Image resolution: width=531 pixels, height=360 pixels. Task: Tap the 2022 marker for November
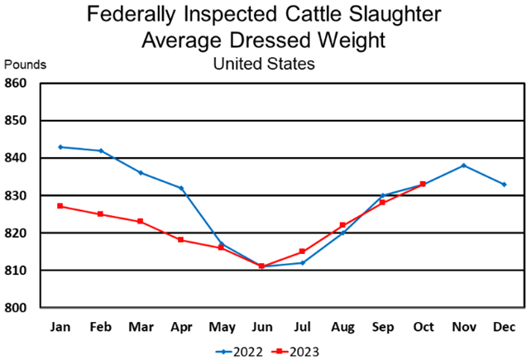464,166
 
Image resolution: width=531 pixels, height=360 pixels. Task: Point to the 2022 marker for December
505,184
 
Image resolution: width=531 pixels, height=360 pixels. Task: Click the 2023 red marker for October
423,184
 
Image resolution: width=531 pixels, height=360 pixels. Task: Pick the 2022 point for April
180,188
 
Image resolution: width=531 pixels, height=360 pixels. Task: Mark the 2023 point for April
180,240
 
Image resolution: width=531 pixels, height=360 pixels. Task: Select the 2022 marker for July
302,262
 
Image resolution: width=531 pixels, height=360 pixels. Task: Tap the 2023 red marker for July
302,252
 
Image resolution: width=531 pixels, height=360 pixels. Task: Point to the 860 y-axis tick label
17,83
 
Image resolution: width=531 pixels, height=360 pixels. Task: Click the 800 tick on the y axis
17,308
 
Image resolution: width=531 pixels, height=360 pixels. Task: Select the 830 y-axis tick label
17,195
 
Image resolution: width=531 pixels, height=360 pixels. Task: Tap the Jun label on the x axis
261,327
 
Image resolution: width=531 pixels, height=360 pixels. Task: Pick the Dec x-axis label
505,327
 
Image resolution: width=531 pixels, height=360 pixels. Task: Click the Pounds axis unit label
26,64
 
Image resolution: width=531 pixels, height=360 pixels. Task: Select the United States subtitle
264,63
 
